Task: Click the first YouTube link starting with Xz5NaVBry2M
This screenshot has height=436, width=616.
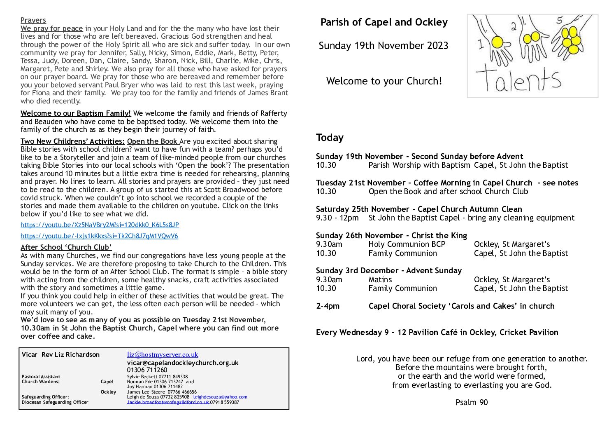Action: tap(100, 225)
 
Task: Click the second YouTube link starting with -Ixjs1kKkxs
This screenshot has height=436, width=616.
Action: tap(99, 236)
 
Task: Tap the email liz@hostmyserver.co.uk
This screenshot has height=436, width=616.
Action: tap(163, 355)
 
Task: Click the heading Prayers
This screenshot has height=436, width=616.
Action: tap(33, 20)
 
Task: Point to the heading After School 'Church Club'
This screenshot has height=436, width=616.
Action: tap(66, 247)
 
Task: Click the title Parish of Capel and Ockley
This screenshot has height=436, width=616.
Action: tap(384, 22)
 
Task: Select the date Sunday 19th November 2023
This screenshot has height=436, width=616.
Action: tap(383, 46)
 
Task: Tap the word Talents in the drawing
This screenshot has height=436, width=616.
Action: tap(518, 79)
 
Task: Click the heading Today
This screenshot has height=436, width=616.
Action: tap(330, 138)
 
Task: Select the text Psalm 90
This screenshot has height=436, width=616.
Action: tap(472, 403)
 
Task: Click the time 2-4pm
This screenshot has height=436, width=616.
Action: tap(328, 306)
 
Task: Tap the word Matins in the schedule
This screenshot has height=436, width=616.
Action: tap(380, 279)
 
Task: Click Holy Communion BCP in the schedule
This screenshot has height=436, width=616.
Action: tap(407, 244)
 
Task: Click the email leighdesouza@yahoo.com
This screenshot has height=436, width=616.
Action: tap(220, 397)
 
